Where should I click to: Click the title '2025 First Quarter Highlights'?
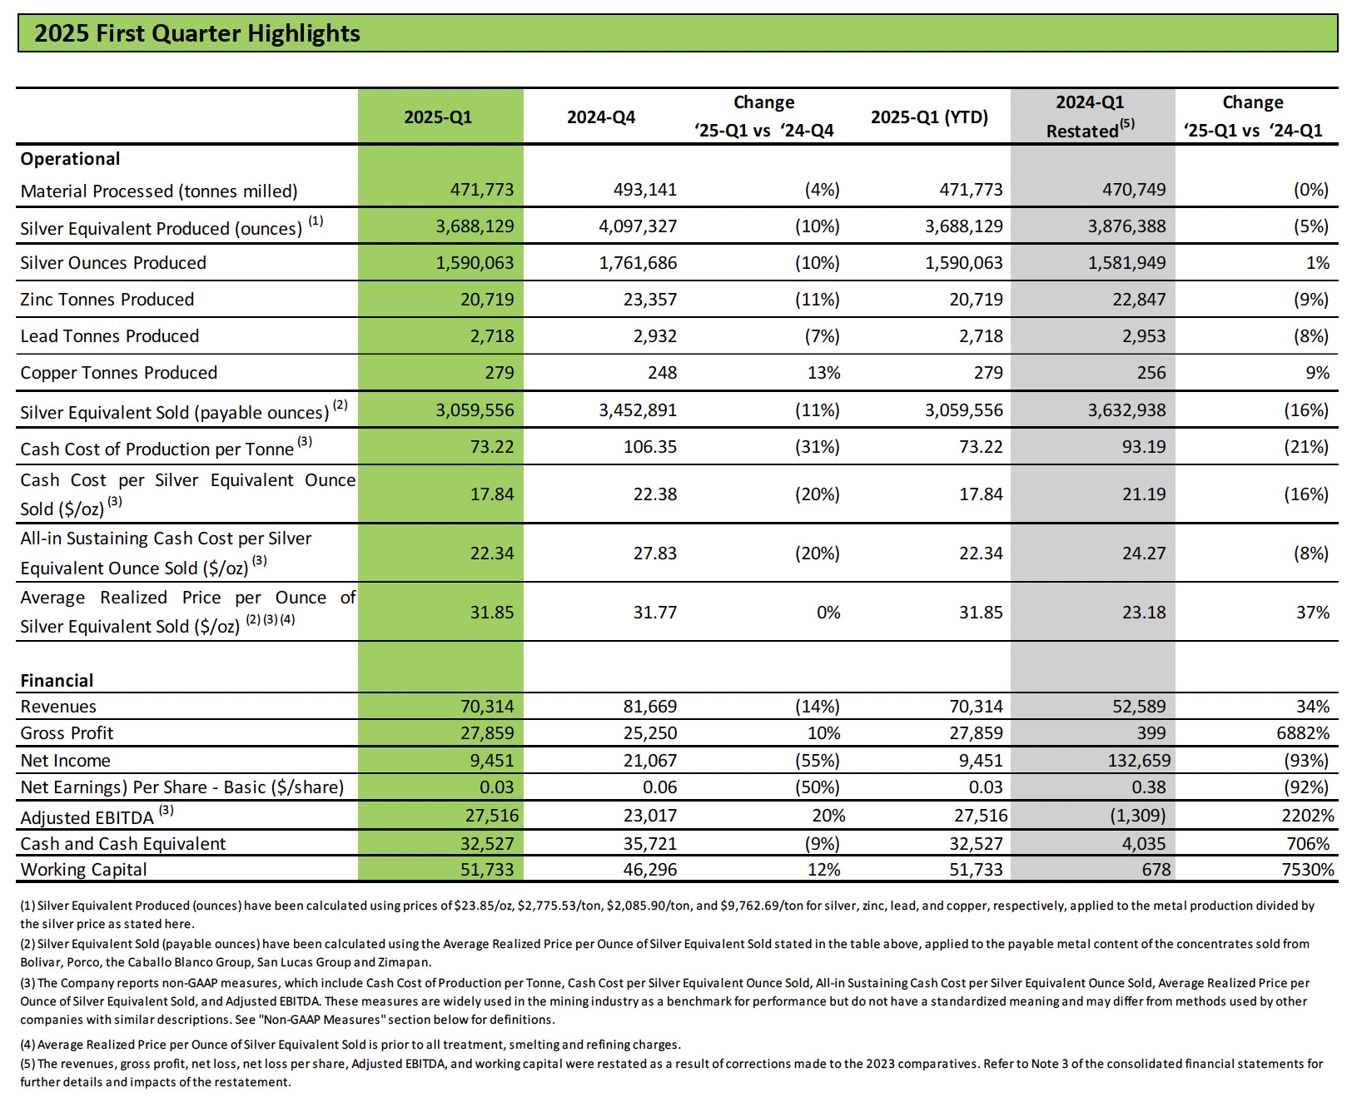197,33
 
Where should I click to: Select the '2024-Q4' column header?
600,117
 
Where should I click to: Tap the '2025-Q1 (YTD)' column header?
929,117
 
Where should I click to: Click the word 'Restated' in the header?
1081,132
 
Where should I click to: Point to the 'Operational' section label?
70,159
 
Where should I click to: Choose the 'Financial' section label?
57,681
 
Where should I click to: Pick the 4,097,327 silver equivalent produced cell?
637,226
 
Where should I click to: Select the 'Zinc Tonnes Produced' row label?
107,300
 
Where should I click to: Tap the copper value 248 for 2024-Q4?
662,373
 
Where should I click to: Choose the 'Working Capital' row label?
83,870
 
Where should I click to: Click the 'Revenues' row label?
58,707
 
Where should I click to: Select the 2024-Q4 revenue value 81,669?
649,707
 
